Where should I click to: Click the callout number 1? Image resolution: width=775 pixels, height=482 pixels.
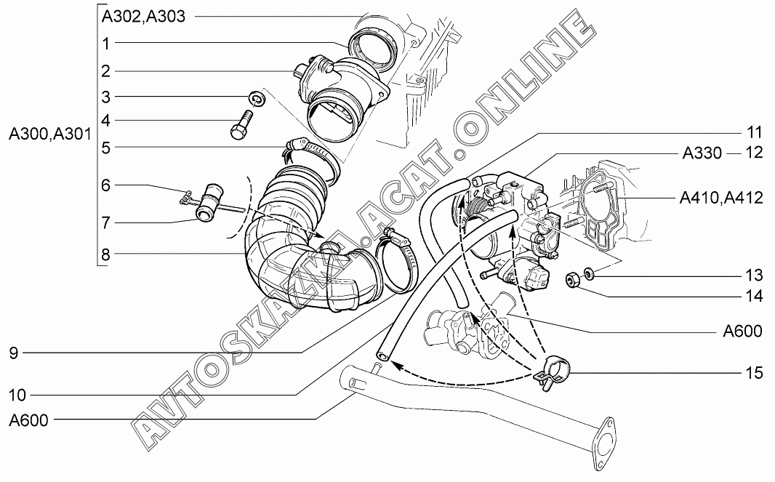(105, 44)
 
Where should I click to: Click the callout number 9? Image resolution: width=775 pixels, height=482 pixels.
(13, 353)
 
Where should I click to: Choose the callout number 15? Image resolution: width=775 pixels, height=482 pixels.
(755, 374)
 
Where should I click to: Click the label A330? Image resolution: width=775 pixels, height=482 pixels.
(702, 154)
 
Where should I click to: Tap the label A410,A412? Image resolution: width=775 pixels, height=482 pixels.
(720, 198)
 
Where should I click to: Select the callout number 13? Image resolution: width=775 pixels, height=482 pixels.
(755, 276)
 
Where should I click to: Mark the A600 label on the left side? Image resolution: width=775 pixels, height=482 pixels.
(28, 420)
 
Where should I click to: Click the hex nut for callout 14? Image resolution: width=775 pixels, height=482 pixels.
(573, 278)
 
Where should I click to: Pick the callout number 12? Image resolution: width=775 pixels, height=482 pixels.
(754, 154)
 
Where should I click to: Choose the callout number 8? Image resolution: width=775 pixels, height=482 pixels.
(105, 254)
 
